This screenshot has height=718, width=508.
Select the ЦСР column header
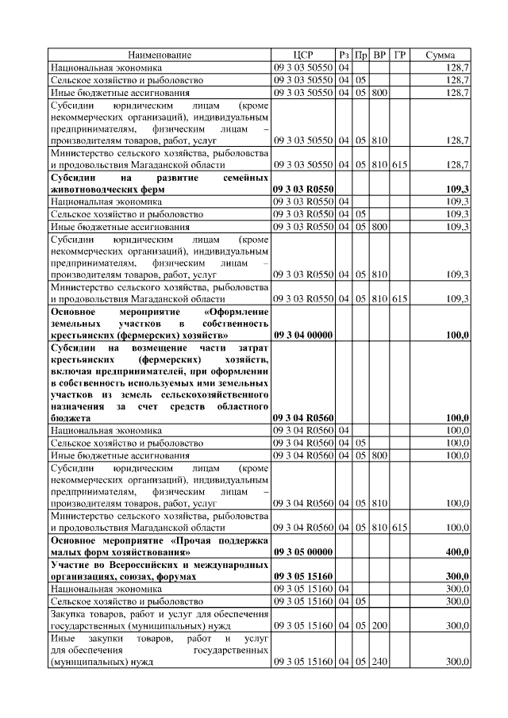[302, 55]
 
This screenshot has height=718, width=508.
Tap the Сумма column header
[440, 55]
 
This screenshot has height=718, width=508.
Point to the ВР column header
[379, 55]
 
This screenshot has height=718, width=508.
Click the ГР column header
[400, 55]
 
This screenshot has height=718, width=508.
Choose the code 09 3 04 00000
[302, 336]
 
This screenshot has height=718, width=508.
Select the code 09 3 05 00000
[302, 551]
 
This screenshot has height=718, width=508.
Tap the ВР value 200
[379, 626]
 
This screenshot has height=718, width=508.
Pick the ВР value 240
[379, 662]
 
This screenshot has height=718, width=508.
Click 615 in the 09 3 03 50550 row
[399, 164]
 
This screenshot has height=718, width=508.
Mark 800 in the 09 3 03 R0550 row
[379, 227]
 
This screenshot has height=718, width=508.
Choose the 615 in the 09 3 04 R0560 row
[399, 528]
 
